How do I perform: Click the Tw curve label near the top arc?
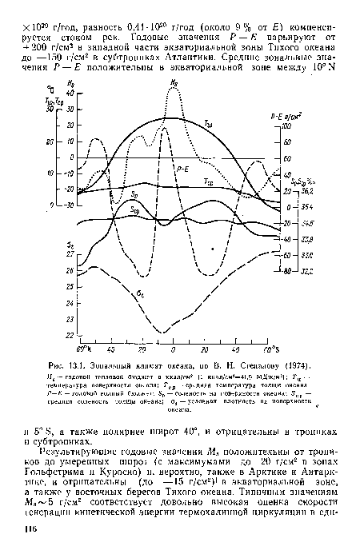(230, 123)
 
